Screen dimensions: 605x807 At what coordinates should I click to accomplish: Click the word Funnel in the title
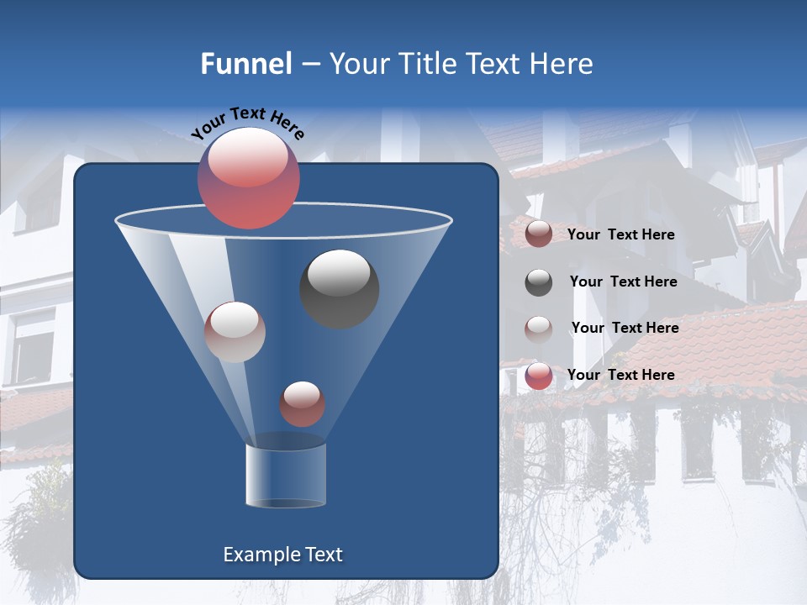pos(245,64)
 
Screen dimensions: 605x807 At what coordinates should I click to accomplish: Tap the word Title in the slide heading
pos(425,64)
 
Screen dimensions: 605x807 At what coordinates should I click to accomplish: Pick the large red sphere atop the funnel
pos(248,177)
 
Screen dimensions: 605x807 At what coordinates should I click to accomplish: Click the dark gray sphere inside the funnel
pos(339,288)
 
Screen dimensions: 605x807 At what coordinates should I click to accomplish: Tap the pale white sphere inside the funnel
pos(235,331)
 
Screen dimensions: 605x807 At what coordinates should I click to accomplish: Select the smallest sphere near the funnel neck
pos(302,403)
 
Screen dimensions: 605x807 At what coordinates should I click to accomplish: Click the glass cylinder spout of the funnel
pos(286,475)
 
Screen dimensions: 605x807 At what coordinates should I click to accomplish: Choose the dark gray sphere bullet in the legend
pos(539,282)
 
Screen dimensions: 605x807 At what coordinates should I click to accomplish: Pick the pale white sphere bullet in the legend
pos(539,329)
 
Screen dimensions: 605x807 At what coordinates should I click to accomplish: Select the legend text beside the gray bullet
pos(623,281)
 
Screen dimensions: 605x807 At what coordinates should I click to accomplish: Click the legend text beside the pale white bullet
pos(625,328)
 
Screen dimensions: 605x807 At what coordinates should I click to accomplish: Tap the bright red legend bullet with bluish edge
pos(539,376)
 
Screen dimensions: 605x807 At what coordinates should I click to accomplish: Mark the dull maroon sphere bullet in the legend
pos(539,234)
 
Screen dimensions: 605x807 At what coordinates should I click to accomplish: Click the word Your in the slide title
pos(358,64)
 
